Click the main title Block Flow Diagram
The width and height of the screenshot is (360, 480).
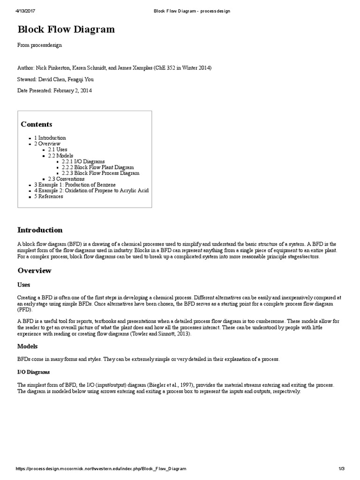(x=66, y=30)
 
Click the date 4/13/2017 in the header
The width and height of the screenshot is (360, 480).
(x=26, y=10)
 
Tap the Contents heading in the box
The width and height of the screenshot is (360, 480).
(x=37, y=124)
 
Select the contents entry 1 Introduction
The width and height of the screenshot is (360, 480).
(x=50, y=138)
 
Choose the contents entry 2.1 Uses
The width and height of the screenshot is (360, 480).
(x=58, y=150)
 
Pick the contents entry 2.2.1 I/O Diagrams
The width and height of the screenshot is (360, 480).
(x=83, y=161)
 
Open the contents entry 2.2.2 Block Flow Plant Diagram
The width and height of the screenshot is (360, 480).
(x=97, y=167)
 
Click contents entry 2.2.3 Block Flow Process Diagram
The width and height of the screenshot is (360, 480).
(x=100, y=173)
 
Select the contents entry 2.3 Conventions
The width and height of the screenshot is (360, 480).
(x=67, y=179)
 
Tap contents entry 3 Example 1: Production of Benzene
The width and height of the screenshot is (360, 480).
(x=75, y=185)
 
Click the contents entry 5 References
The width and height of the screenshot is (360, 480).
(x=49, y=196)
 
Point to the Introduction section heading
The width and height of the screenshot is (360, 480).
(x=40, y=230)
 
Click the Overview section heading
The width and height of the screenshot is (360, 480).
(x=35, y=271)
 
